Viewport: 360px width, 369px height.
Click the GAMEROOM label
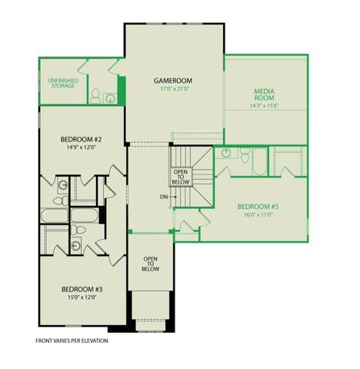coord(173,80)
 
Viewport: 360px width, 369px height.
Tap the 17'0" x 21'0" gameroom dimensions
coord(173,89)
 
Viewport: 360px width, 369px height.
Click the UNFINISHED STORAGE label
coord(62,82)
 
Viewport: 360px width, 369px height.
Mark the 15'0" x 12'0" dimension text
coord(82,298)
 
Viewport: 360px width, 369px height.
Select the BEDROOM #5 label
coord(258,206)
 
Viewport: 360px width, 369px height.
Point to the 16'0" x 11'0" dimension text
coord(258,215)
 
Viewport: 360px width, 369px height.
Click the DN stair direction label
coord(164,197)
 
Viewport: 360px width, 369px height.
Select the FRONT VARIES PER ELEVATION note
coord(72,340)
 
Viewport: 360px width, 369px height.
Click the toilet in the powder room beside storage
coord(95,96)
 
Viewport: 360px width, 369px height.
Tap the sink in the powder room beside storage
coord(111,98)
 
